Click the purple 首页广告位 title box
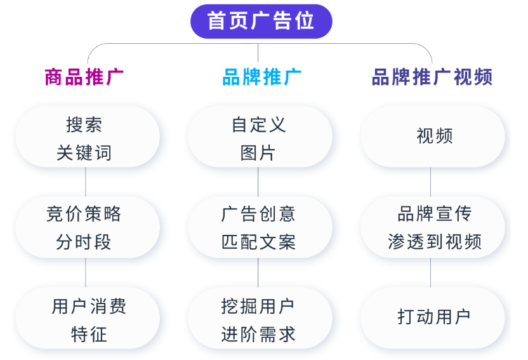(261, 21)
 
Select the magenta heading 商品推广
(84, 77)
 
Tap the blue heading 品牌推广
(261, 77)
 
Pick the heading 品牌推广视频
(432, 77)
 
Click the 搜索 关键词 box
(88, 137)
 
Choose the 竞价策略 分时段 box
(88, 227)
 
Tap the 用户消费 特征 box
(88, 318)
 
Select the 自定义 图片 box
(260, 137)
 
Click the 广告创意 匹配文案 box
(260, 227)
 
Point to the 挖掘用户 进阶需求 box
(260, 318)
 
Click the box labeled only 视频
(433, 137)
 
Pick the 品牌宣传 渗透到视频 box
(433, 227)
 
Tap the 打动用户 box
(433, 318)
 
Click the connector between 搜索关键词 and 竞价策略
(86, 182)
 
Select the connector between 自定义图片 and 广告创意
(258, 182)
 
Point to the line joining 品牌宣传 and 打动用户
(431, 273)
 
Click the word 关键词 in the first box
(84, 153)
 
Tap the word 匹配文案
(258, 242)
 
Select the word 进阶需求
(258, 334)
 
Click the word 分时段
(84, 242)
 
